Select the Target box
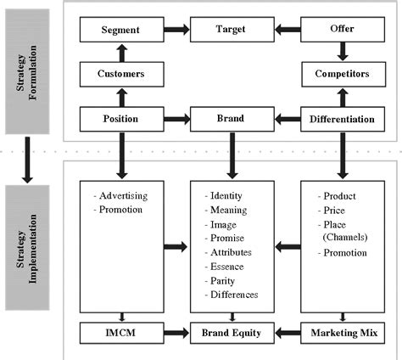pos(232,31)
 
